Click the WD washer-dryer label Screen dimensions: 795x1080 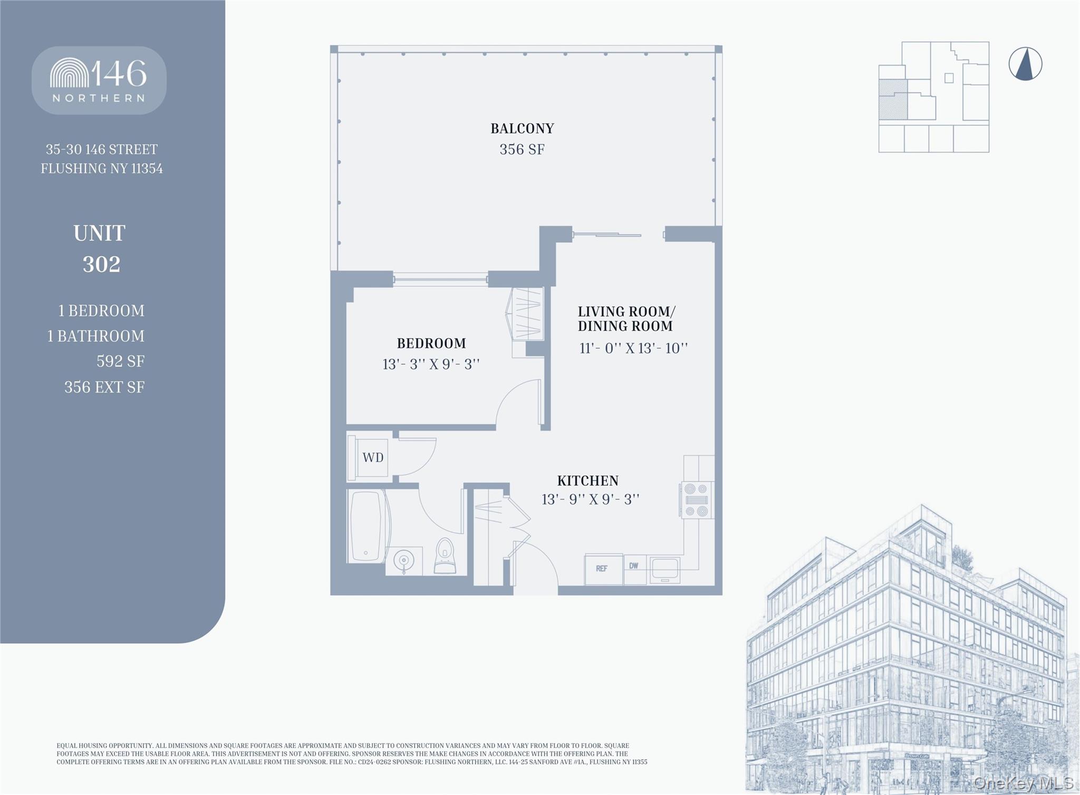click(373, 457)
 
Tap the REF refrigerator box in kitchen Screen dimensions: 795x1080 click(602, 569)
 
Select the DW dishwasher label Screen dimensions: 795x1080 click(634, 566)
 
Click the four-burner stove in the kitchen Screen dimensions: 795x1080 click(696, 500)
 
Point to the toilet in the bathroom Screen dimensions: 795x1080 click(445, 557)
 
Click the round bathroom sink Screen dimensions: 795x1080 click(404, 560)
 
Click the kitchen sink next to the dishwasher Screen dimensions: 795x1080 click(664, 570)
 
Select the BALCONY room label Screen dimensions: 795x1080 click(522, 128)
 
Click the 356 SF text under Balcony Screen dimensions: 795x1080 click(522, 149)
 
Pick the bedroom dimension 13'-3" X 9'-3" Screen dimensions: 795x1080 click(431, 365)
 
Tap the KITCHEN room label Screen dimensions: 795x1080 click(587, 481)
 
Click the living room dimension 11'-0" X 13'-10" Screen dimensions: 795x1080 click(633, 348)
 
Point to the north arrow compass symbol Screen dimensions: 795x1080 click(1025, 64)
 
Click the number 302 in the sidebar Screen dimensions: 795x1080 click(101, 264)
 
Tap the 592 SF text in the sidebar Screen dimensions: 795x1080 click(120, 361)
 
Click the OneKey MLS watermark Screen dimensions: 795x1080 click(1023, 783)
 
